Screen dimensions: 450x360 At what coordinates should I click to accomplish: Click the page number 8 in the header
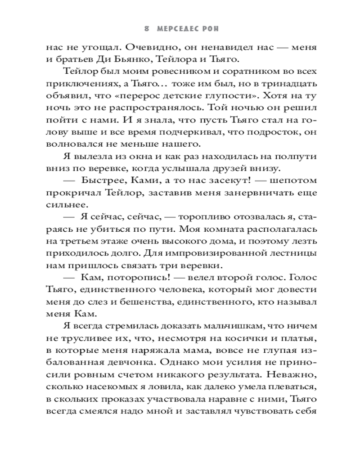pyautogui.click(x=147, y=28)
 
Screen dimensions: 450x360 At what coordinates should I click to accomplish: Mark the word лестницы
pyautogui.click(x=293, y=252)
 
